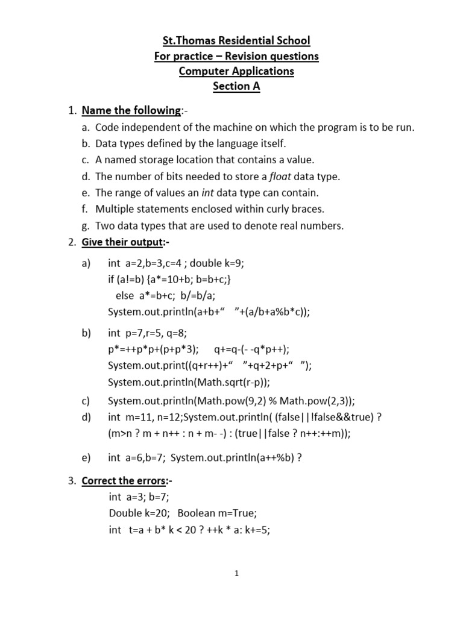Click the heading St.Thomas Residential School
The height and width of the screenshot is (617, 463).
coord(236,41)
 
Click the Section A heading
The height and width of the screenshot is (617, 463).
coord(236,86)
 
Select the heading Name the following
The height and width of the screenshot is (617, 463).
coord(131,110)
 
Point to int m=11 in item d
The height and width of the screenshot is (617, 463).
coord(131,417)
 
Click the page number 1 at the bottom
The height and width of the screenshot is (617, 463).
coord(237,574)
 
